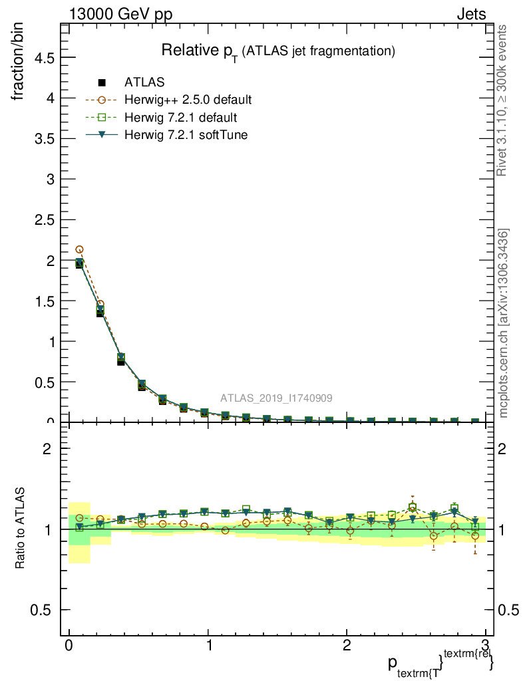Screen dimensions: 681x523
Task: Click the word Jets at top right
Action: coord(470,15)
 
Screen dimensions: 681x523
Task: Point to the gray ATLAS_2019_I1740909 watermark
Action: coord(277,398)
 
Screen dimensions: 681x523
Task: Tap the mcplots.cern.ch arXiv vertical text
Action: coord(504,323)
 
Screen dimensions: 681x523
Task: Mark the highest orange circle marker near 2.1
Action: coord(79,250)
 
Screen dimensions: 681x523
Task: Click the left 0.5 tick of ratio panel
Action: coord(43,610)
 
